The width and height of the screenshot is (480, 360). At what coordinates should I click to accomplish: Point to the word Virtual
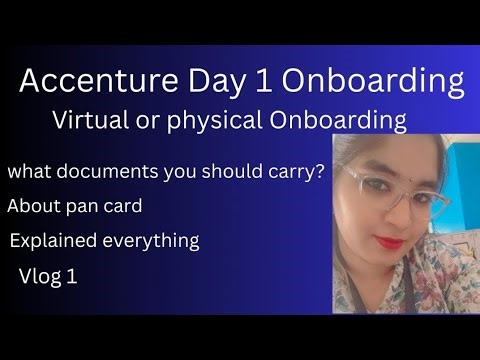point(95,121)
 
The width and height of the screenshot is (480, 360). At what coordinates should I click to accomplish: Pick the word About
point(32,207)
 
